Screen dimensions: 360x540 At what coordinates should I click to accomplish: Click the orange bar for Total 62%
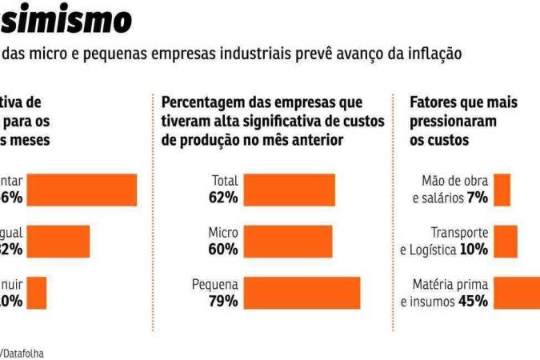coord(289,190)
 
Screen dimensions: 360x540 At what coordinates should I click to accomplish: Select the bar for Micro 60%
coord(287,241)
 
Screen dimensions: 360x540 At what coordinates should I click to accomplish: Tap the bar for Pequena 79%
coord(302,292)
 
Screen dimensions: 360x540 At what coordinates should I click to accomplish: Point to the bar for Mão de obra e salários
coord(502,190)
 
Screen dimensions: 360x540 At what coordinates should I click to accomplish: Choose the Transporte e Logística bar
coord(506,241)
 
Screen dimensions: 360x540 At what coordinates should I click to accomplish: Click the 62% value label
coord(224,198)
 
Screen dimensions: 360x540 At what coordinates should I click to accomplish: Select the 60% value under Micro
coord(224,249)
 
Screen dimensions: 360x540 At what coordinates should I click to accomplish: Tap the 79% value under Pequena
coord(224,301)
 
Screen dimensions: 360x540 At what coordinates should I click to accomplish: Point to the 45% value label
coord(473,301)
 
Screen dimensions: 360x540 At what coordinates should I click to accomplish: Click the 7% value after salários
coord(478,198)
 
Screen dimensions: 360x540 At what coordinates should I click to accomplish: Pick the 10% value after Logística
coord(474,249)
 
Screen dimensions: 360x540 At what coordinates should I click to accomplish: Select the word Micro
coord(222,232)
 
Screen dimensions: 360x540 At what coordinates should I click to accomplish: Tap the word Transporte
coord(459,232)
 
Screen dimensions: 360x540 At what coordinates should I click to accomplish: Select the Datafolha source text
coord(24,353)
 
